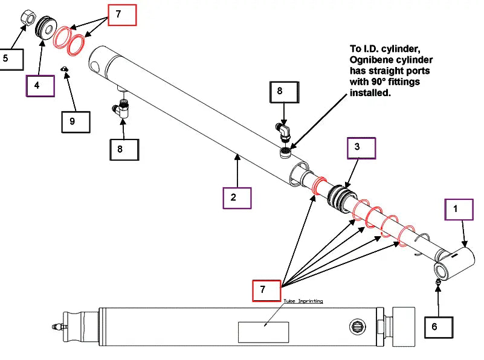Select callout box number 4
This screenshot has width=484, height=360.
39,85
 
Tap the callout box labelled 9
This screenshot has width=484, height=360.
76,121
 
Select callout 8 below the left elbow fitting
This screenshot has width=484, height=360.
124,149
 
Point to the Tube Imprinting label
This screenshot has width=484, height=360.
303,300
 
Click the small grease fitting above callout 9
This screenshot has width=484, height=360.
65,70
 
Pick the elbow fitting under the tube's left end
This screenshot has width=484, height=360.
123,109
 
